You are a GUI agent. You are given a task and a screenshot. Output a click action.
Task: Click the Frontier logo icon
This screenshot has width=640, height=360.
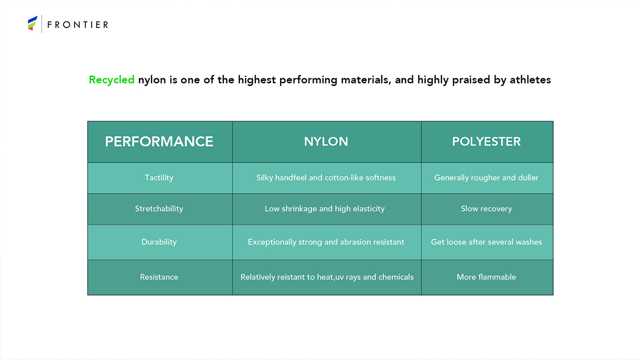click(x=33, y=23)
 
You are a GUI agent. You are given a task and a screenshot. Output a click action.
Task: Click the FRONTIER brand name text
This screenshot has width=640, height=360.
click(x=78, y=25)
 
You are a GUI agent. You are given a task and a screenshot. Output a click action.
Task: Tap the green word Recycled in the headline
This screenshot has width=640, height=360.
click(x=111, y=80)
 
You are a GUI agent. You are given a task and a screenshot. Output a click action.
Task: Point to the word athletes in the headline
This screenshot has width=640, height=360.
click(x=530, y=79)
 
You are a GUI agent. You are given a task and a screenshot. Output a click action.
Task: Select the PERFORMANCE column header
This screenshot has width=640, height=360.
click(x=159, y=141)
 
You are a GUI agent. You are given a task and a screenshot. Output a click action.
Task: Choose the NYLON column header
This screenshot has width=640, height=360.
click(x=326, y=141)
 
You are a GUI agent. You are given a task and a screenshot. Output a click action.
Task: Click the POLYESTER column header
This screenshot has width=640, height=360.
click(x=486, y=141)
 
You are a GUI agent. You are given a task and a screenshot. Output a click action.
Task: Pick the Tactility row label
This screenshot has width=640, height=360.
click(x=159, y=178)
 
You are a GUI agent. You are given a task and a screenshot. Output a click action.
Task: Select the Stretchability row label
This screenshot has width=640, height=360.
click(x=159, y=209)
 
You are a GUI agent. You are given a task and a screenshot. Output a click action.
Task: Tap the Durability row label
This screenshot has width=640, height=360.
click(x=159, y=242)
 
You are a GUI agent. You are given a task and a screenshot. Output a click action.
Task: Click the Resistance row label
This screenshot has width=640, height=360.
click(x=159, y=277)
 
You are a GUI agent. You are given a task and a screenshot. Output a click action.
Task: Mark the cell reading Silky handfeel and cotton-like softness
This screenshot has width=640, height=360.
click(x=326, y=178)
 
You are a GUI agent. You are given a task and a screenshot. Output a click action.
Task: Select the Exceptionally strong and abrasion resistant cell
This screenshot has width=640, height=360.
click(x=326, y=242)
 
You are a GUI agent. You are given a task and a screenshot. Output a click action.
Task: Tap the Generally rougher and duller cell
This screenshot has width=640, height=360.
click(x=486, y=178)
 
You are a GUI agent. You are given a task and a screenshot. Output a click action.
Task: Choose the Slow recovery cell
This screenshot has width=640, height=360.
click(x=486, y=209)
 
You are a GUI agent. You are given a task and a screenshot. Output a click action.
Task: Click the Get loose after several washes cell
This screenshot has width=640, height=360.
click(x=486, y=242)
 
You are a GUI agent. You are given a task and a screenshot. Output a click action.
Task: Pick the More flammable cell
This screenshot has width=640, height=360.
click(x=486, y=277)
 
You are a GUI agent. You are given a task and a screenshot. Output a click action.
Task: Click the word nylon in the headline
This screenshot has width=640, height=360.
click(x=152, y=80)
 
